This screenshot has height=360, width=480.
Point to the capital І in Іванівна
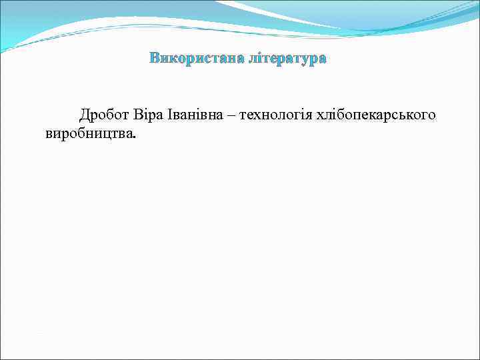click(169, 115)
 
